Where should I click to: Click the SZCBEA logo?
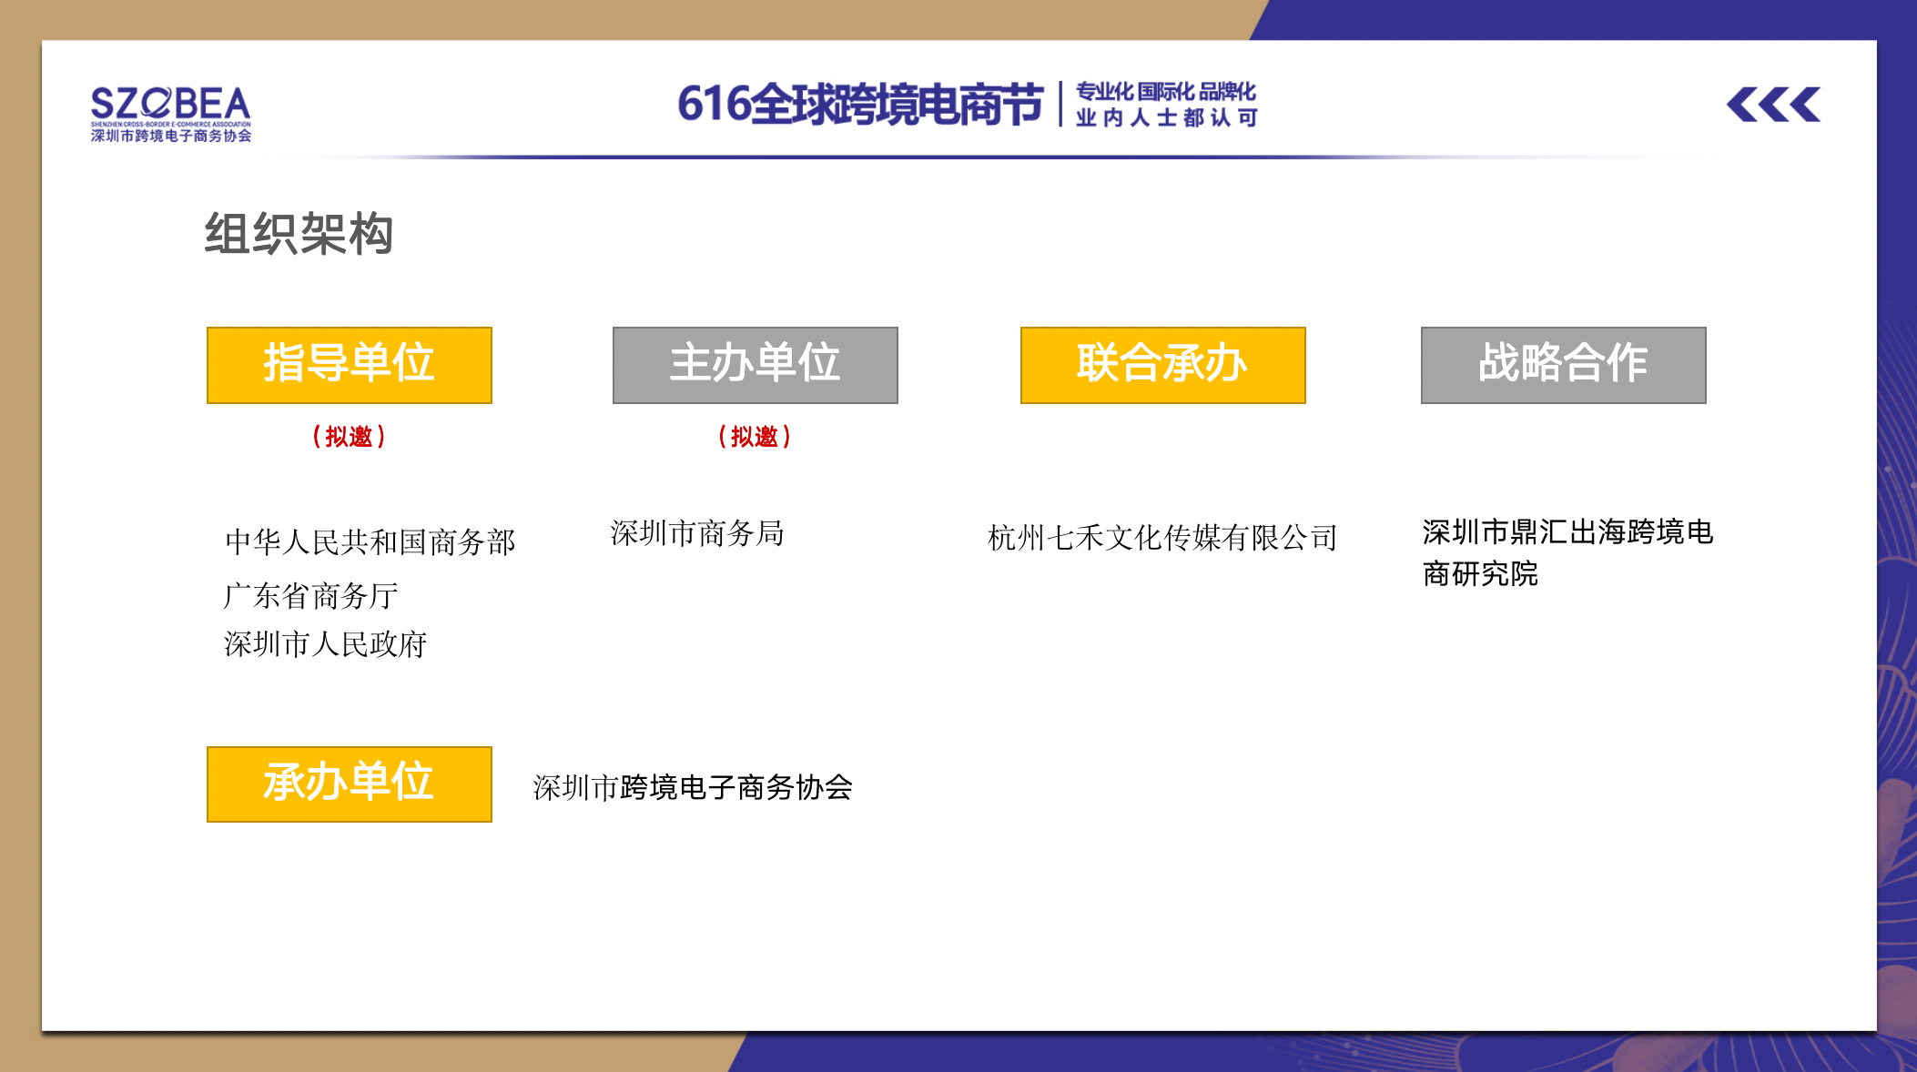click(170, 114)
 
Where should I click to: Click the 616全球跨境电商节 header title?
click(860, 104)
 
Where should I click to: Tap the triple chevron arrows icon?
click(1773, 105)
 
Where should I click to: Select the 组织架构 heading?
click(299, 234)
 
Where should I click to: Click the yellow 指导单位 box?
click(350, 365)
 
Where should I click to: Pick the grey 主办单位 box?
click(756, 365)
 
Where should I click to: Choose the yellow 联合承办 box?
click(1163, 365)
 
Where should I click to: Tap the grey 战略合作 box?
click(1564, 365)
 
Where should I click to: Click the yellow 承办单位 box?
click(350, 784)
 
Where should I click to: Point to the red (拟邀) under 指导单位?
click(349, 437)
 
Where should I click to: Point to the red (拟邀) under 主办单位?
click(755, 437)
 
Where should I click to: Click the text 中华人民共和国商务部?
click(370, 542)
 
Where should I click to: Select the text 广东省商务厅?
click(311, 596)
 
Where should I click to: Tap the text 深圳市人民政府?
click(326, 644)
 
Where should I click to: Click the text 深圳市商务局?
click(697, 533)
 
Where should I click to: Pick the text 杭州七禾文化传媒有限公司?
click(1162, 538)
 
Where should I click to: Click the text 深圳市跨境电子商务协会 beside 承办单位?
click(693, 787)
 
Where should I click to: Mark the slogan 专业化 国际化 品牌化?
click(1166, 92)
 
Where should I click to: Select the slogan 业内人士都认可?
click(1166, 117)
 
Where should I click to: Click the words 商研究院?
click(1480, 574)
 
